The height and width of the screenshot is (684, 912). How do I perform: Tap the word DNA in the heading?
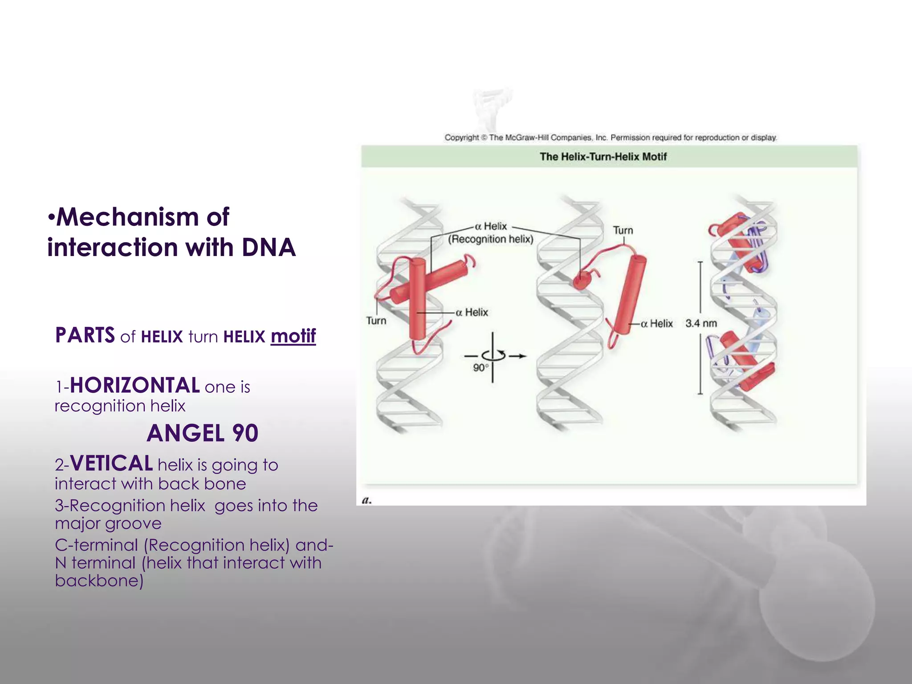[269, 248]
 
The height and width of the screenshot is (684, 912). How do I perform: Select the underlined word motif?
[293, 336]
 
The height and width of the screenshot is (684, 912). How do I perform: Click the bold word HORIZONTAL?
[134, 386]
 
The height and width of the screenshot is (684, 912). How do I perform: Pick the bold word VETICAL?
[111, 464]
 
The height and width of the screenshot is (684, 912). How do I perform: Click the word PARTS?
[85, 335]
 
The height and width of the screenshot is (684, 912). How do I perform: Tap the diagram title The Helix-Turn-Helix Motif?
[603, 157]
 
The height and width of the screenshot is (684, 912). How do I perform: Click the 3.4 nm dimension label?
[701, 323]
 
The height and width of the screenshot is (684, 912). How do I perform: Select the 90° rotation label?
[480, 368]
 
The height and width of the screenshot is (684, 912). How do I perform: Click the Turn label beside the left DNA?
[376, 321]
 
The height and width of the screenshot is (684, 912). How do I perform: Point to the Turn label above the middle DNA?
[623, 230]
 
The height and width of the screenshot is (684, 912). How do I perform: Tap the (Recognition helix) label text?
[490, 239]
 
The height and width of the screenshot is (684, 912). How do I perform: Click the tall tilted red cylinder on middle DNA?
[628, 296]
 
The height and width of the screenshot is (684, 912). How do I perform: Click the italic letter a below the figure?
[366, 500]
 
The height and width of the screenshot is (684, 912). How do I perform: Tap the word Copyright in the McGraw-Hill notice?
[461, 138]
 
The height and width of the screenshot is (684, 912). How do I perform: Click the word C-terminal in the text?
[96, 545]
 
